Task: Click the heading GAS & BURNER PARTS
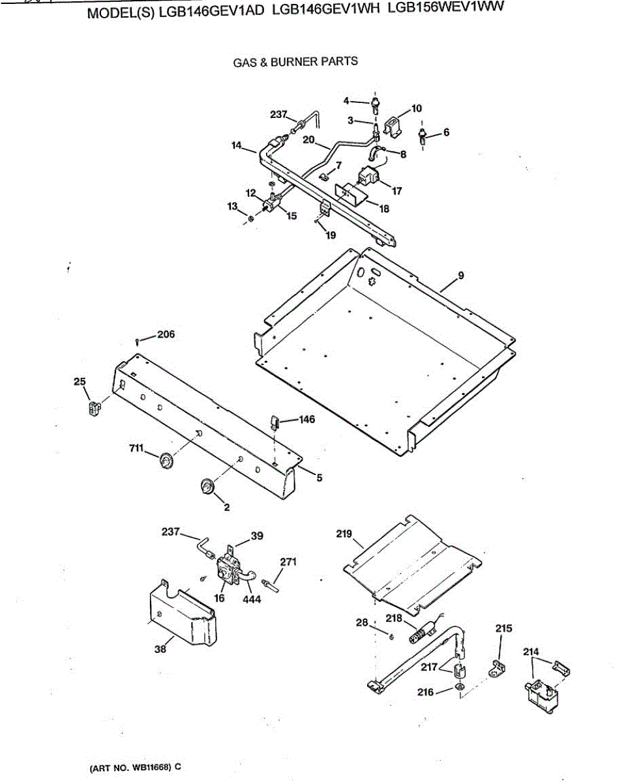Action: pos(295,62)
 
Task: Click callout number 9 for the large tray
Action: pos(461,276)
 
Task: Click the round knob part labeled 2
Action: pos(208,486)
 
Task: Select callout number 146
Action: pos(306,420)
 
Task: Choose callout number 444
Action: pos(251,599)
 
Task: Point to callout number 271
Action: pos(289,562)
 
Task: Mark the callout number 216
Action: pos(426,692)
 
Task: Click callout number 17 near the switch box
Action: pos(397,191)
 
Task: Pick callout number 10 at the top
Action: pos(417,108)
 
